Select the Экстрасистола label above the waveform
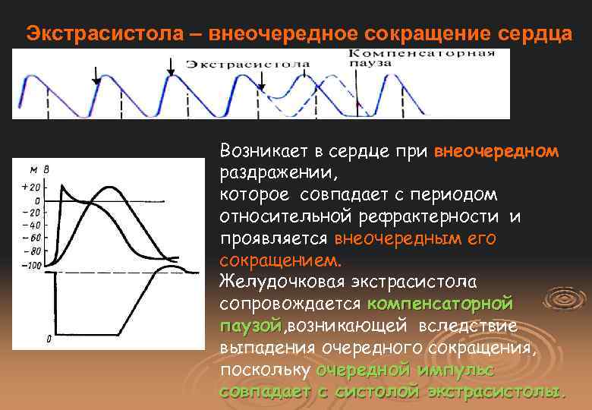tap(247, 64)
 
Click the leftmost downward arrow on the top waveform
tap(96, 74)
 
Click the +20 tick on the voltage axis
tap(31, 187)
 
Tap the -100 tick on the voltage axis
tap(31, 265)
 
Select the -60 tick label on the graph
tap(31, 238)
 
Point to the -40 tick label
tap(31, 225)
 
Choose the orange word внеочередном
tap(496, 151)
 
